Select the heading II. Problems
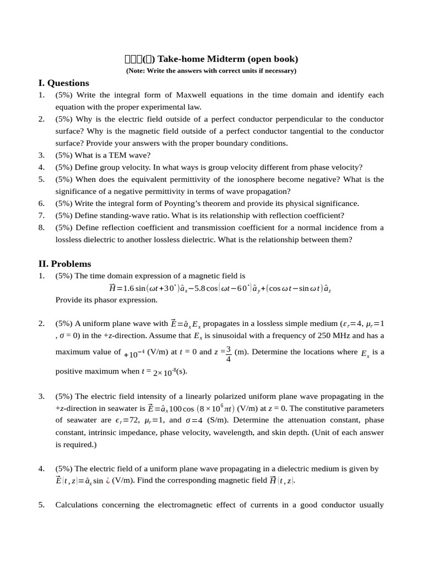click(64, 264)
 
